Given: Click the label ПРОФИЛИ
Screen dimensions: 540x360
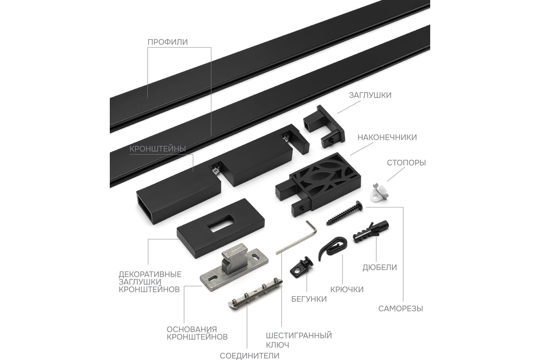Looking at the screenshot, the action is point(167,42).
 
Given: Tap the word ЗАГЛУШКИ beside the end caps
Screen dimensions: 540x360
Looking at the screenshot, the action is point(370,95).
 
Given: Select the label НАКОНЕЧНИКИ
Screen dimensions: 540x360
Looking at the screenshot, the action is point(387,137).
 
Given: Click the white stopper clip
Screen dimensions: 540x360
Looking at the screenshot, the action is point(378,193).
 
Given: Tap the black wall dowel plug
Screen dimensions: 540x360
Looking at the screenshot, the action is point(371,232).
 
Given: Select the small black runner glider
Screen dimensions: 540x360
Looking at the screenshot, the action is point(302,267).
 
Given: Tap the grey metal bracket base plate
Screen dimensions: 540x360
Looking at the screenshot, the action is point(234,266).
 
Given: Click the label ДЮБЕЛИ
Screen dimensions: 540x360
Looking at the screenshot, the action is point(380,267).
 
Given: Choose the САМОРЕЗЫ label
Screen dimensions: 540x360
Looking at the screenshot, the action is point(400,309).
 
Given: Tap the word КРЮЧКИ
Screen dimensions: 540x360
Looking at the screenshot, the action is point(347,289).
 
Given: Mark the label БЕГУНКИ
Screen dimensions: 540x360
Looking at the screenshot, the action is point(309,299).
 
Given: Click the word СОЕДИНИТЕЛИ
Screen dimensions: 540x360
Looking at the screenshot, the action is point(249,355).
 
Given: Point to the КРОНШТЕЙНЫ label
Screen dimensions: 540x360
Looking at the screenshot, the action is point(157,149).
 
